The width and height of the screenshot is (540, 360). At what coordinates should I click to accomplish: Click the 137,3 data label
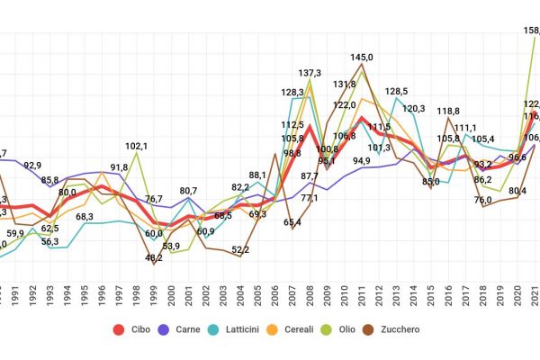click(x=310, y=73)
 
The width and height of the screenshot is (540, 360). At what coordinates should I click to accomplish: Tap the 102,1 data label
click(x=137, y=146)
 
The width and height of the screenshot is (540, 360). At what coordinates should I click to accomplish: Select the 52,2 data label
click(x=240, y=249)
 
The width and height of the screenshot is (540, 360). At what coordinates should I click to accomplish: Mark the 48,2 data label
click(x=154, y=257)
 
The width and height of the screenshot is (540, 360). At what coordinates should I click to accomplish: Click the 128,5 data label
click(x=397, y=92)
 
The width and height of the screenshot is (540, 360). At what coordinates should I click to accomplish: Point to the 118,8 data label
click(x=448, y=112)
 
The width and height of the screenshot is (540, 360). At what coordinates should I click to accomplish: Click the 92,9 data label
click(x=32, y=166)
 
